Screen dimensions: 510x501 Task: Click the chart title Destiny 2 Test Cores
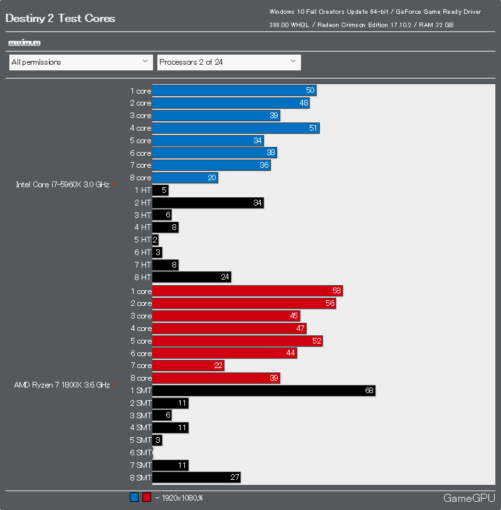(x=60, y=18)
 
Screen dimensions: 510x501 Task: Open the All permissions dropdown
(x=81, y=62)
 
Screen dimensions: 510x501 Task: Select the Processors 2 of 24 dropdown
(x=228, y=62)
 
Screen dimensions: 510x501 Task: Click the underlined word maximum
(x=24, y=42)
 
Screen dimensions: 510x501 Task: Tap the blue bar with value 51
(x=236, y=128)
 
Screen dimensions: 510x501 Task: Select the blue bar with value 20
(x=185, y=178)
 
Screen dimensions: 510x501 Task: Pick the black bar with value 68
(x=263, y=391)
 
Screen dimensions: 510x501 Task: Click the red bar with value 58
(x=247, y=291)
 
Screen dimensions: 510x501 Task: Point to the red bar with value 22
(x=188, y=366)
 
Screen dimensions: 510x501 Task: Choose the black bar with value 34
(x=208, y=203)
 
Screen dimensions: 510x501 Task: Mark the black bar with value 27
(x=196, y=477)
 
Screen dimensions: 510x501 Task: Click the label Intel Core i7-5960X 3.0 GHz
(x=63, y=185)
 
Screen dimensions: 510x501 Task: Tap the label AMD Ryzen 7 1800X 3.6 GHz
(x=62, y=384)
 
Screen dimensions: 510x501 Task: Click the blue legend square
(x=134, y=498)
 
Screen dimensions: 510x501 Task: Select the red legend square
(x=147, y=498)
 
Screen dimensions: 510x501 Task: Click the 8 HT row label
(x=142, y=277)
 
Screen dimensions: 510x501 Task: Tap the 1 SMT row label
(x=140, y=391)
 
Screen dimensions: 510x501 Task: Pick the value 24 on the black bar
(x=225, y=277)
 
